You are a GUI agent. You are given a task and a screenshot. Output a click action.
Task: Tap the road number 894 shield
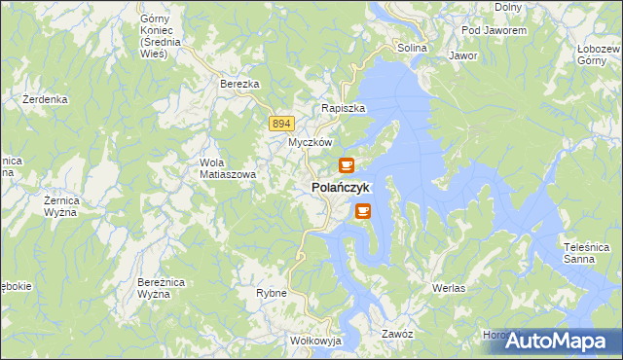pos(282,123)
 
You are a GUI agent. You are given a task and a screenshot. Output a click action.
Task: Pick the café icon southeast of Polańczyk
pos(363,210)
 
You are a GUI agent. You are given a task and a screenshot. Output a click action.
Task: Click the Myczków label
pos(311,142)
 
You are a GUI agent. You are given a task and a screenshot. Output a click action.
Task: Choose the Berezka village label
pos(239,85)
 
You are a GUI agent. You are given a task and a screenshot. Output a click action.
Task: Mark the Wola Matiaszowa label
pos(227,168)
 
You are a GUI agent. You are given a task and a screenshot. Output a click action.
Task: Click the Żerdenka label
pos(45,99)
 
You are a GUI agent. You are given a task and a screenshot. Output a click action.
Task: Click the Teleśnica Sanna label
pos(586,253)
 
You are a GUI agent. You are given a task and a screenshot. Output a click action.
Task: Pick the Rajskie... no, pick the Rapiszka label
pos(344,109)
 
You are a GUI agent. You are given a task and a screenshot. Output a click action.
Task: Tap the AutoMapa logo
pos(556,341)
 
